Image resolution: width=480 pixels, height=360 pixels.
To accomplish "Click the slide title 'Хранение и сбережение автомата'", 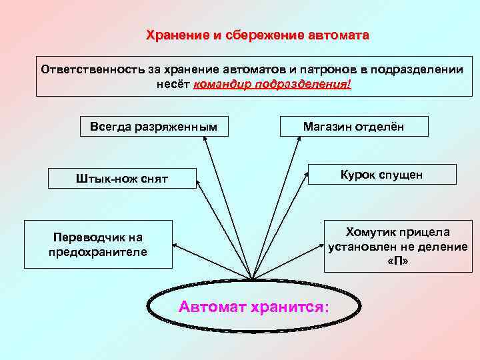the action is (x=257, y=35).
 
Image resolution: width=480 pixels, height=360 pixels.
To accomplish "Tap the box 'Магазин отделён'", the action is (x=353, y=126).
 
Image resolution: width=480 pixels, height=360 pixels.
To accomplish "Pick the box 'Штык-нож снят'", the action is (x=123, y=178).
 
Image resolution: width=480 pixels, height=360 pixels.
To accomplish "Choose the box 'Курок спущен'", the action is (x=381, y=174).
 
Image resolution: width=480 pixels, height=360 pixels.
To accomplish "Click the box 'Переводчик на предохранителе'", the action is (x=99, y=245).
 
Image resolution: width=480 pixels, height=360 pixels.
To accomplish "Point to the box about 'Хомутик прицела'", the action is (x=398, y=246).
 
